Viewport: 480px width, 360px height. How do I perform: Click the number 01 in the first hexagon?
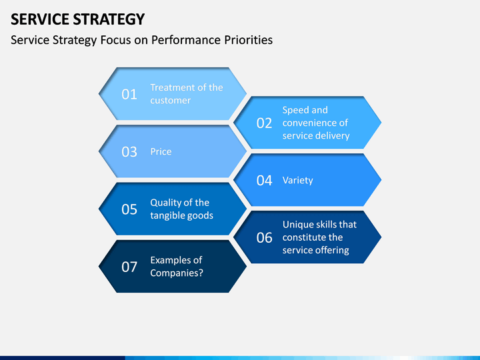tap(129, 94)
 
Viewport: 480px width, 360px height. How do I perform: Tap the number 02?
tap(264, 123)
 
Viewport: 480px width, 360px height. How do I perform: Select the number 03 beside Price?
tap(129, 152)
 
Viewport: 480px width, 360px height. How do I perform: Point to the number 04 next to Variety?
tap(264, 180)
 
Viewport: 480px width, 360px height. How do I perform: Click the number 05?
tap(129, 209)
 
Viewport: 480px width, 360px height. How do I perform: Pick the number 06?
tap(264, 237)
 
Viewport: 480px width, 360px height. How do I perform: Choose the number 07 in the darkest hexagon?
tap(129, 267)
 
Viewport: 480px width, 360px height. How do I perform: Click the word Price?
tap(161, 151)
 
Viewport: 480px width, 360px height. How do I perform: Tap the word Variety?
tap(298, 180)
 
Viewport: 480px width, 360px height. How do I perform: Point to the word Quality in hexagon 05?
tap(167, 203)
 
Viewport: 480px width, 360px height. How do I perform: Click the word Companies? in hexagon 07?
tap(177, 273)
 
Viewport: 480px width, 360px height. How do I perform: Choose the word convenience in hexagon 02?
tap(311, 123)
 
